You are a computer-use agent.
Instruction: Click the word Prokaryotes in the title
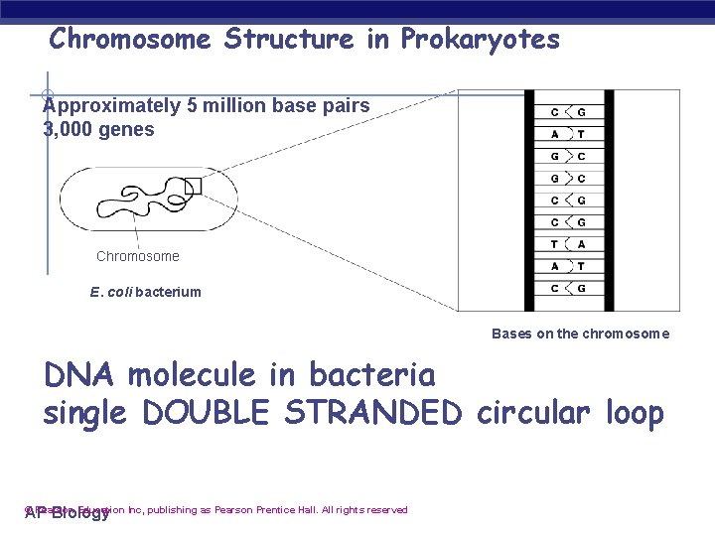point(481,40)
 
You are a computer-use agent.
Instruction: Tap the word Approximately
point(108,105)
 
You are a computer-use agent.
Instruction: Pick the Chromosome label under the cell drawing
point(138,256)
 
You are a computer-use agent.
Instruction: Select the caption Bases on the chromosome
point(580,334)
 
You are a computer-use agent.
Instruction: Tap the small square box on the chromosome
point(192,186)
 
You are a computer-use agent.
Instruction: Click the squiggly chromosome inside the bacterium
point(139,199)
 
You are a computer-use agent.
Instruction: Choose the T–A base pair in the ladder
point(567,244)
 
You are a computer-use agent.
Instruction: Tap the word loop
point(634,413)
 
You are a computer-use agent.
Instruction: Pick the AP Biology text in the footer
point(67,513)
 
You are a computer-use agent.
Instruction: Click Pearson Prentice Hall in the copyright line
point(265,510)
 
